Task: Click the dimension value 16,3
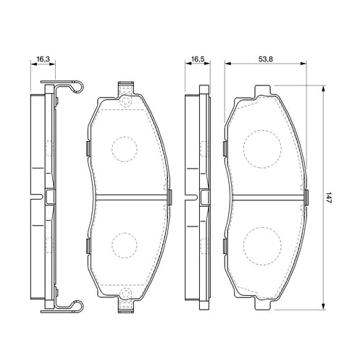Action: (x=43, y=59)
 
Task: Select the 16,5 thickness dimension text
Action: (x=198, y=59)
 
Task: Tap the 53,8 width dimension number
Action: (x=265, y=59)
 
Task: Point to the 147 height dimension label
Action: (x=327, y=198)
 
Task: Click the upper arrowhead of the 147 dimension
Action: (x=322, y=89)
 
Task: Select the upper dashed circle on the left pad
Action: (x=125, y=149)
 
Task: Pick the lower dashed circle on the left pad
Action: (x=125, y=245)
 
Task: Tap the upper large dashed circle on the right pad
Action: (x=262, y=149)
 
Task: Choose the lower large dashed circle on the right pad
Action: (x=262, y=246)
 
